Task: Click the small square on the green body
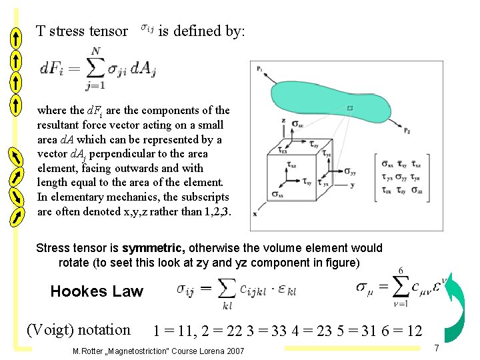point(350,107)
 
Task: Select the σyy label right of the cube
point(349,171)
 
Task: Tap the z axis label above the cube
point(283,121)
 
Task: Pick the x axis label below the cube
point(255,213)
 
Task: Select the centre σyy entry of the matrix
point(401,177)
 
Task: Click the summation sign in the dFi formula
point(97,69)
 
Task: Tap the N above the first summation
point(97,51)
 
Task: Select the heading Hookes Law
point(97,291)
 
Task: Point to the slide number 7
point(436,348)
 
